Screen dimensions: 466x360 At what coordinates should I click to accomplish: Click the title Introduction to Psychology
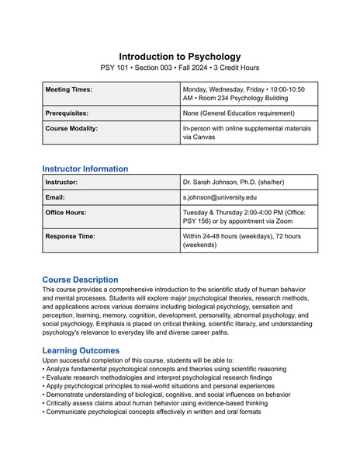click(x=180, y=57)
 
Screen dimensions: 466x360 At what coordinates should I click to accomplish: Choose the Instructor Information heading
click(x=85, y=169)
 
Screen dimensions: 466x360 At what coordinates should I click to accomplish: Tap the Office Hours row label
click(x=66, y=212)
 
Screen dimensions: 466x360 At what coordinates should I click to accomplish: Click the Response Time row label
click(x=70, y=236)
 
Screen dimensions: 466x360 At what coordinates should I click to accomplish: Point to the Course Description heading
click(x=80, y=280)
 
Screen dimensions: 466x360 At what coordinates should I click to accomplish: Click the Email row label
click(x=55, y=198)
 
